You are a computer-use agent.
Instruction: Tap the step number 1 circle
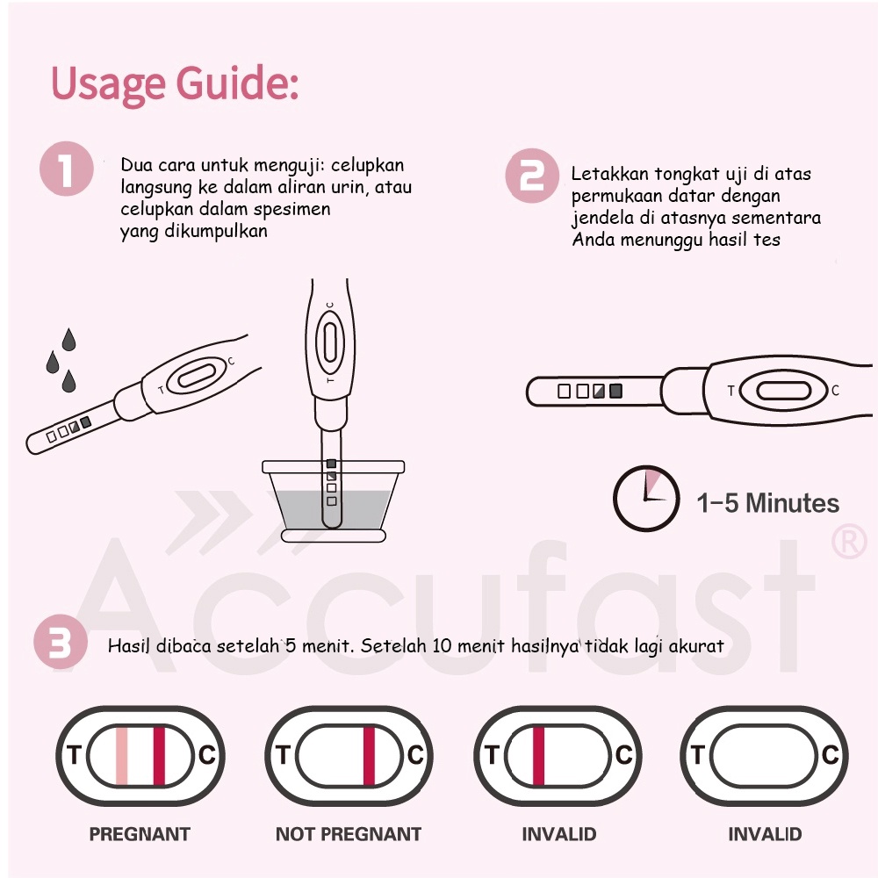pos(67,169)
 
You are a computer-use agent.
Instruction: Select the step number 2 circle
pos(532,176)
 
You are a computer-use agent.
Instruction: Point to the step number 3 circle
pos(61,642)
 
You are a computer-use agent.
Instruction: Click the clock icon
pos(646,499)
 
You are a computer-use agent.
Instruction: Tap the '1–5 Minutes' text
pos(767,503)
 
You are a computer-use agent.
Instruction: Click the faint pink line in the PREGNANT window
pos(121,756)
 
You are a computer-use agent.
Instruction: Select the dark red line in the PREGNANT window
pos(159,756)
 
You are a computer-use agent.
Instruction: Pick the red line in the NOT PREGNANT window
pos(369,756)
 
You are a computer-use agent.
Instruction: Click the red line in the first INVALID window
pos(538,756)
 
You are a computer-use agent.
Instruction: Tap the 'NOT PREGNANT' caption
pos(349,834)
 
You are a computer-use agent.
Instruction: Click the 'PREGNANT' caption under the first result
pos(140,834)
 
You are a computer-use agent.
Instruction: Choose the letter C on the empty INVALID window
pos(831,755)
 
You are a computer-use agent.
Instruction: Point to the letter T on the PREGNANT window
pos(74,755)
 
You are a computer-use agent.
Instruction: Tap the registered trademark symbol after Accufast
pos(849,541)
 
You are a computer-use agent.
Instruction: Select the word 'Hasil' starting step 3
pos(128,645)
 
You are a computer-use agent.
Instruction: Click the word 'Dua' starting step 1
pos(136,165)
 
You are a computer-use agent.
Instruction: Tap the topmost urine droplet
pos(68,339)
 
